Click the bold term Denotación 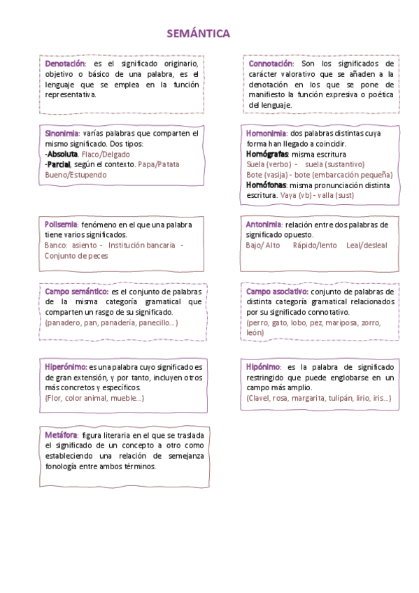[x=64, y=64]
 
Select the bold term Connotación [x=270, y=64]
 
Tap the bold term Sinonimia [x=62, y=133]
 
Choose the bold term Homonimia [x=266, y=133]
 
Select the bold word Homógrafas [x=267, y=154]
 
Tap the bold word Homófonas [x=266, y=185]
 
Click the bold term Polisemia [x=62, y=225]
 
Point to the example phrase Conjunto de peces [x=76, y=256]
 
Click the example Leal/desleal [x=366, y=245]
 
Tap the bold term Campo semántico [x=76, y=292]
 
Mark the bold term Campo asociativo [x=277, y=292]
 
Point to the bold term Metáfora [x=61, y=435]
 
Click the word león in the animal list [x=255, y=333]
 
